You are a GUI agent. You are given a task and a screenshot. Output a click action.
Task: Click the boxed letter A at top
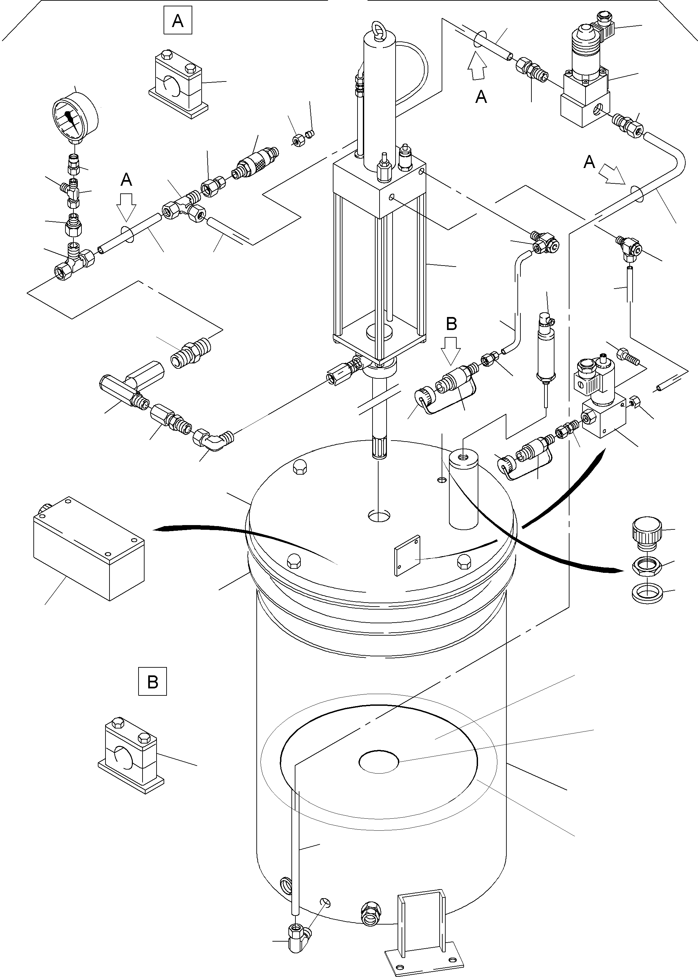click(178, 21)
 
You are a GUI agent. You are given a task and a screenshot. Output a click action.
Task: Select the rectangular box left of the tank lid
click(88, 548)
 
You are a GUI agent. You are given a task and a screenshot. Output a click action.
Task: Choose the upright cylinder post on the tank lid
click(463, 490)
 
